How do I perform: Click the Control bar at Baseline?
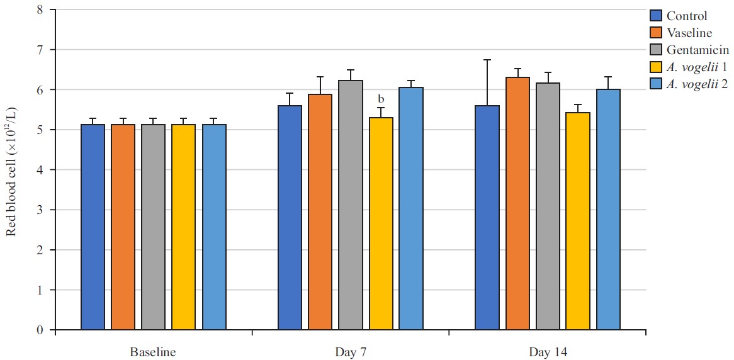point(93,227)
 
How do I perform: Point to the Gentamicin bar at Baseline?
point(154,227)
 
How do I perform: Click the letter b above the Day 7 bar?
point(381,99)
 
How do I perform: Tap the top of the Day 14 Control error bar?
point(487,60)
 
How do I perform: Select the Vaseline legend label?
point(691,33)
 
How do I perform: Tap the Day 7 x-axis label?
point(350,352)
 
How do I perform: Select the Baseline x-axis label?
point(153,352)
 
